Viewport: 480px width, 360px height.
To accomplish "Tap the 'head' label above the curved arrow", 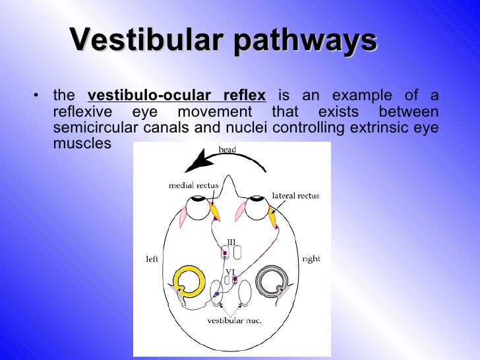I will (x=227, y=150).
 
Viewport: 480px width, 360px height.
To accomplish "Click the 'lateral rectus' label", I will (x=295, y=196).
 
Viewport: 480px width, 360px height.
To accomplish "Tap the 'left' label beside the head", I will (x=152, y=259).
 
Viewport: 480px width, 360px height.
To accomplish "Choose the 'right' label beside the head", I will (x=311, y=259).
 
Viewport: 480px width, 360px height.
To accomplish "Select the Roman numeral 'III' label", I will (x=231, y=242).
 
